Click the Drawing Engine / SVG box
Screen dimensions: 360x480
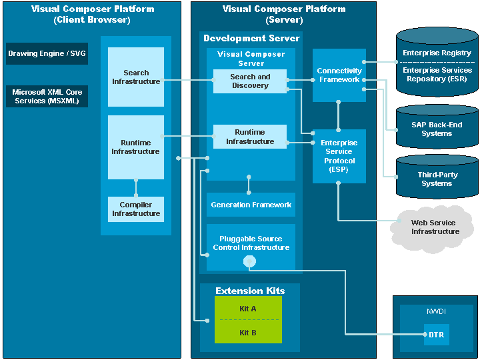[47, 53]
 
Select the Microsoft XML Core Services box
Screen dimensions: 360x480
[47, 97]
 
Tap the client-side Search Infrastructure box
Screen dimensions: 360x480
[136, 77]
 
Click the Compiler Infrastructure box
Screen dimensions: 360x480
[136, 209]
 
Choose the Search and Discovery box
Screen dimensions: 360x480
[250, 81]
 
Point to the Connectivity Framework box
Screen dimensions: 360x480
[339, 75]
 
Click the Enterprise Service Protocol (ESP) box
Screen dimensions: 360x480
[339, 156]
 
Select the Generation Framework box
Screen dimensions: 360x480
[251, 205]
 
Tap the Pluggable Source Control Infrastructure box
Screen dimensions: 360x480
[251, 243]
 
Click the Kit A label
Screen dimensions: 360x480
[248, 309]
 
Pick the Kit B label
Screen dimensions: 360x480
[248, 332]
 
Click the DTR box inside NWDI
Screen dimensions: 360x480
[437, 335]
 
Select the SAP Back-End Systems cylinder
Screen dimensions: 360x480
[437, 129]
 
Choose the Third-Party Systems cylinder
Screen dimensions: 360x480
[437, 179]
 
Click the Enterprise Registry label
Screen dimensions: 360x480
[437, 53]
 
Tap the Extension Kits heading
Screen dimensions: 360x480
[250, 291]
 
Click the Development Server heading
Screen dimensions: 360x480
[251, 39]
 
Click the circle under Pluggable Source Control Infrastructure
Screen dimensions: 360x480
[250, 262]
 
